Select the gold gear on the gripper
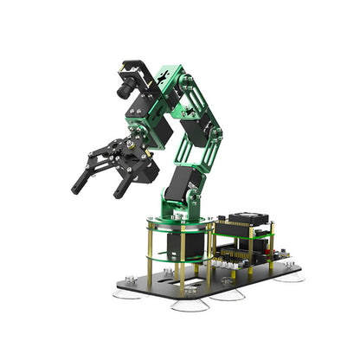tap(136, 145)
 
